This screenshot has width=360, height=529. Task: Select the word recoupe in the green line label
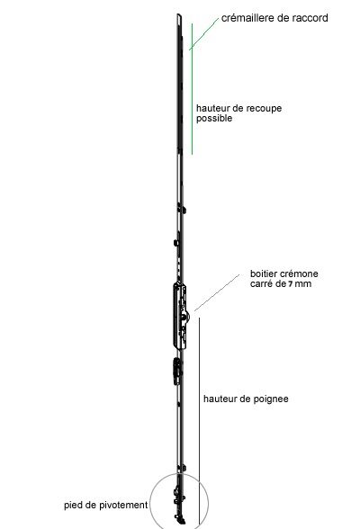point(264,109)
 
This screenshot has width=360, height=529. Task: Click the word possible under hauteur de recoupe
point(214,119)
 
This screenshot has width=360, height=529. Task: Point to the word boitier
point(262,273)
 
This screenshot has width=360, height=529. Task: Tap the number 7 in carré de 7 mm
point(290,284)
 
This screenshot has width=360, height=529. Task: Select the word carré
point(261,284)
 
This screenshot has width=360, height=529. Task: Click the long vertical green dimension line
point(193,89)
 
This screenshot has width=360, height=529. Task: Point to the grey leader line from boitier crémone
point(217,292)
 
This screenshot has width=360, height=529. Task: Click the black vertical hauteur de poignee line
point(199,421)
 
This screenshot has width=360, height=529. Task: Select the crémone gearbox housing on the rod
point(180,316)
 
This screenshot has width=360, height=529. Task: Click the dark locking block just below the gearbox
point(176,372)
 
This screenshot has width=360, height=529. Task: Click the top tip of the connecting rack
point(179,14)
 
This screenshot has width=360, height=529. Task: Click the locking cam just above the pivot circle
point(184,468)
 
